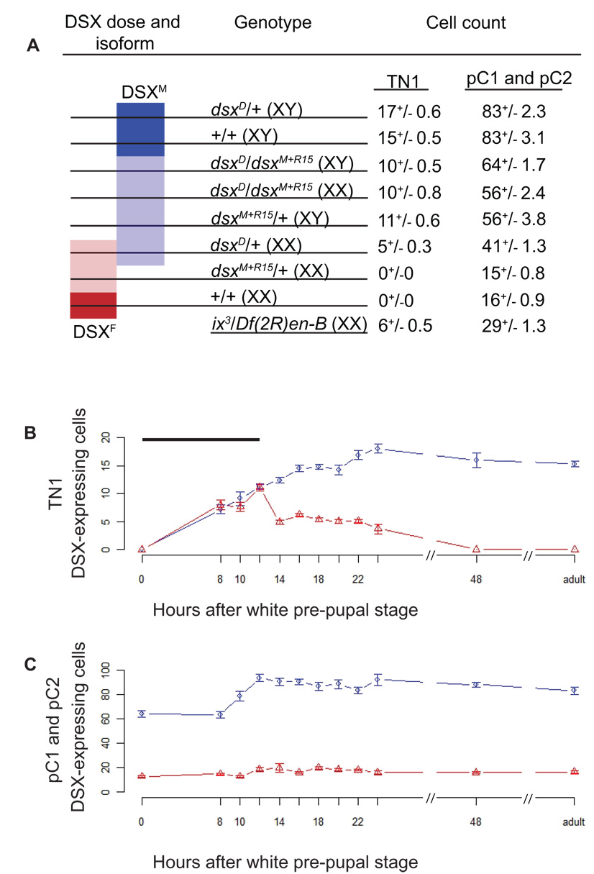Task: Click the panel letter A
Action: click(x=32, y=46)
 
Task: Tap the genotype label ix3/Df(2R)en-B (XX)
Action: click(x=285, y=326)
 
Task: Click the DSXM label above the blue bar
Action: click(x=140, y=93)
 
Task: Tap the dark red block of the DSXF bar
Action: click(x=93, y=305)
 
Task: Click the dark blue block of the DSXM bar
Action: click(x=140, y=129)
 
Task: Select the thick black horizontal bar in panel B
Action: click(x=201, y=439)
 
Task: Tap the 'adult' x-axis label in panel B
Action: click(x=575, y=578)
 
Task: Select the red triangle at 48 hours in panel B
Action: click(x=475, y=549)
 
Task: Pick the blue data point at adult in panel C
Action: click(x=575, y=691)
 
